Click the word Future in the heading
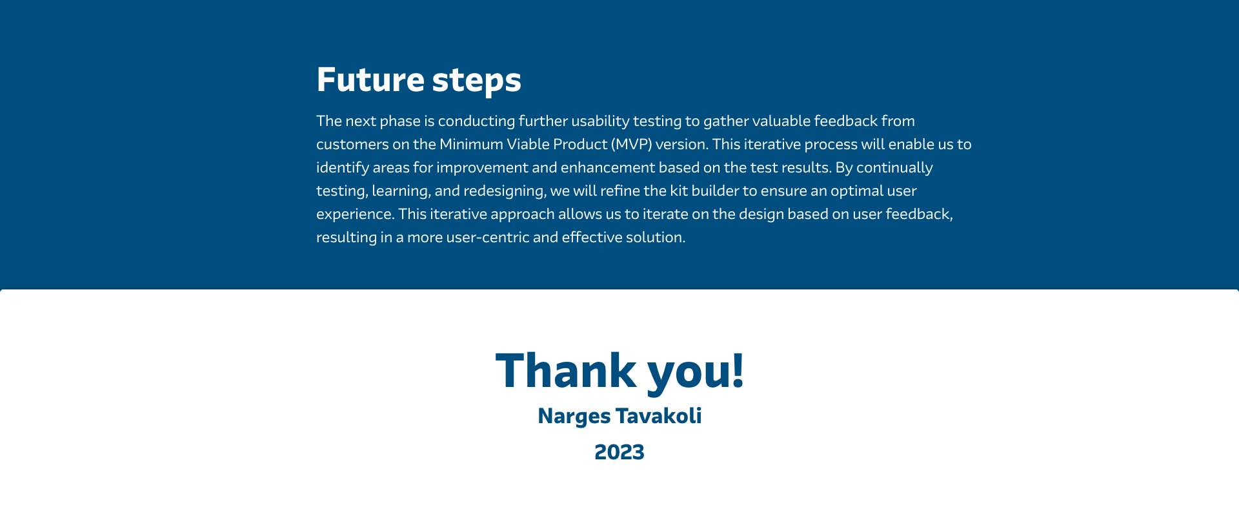point(370,79)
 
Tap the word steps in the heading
point(476,81)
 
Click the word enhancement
point(607,167)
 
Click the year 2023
point(619,452)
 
